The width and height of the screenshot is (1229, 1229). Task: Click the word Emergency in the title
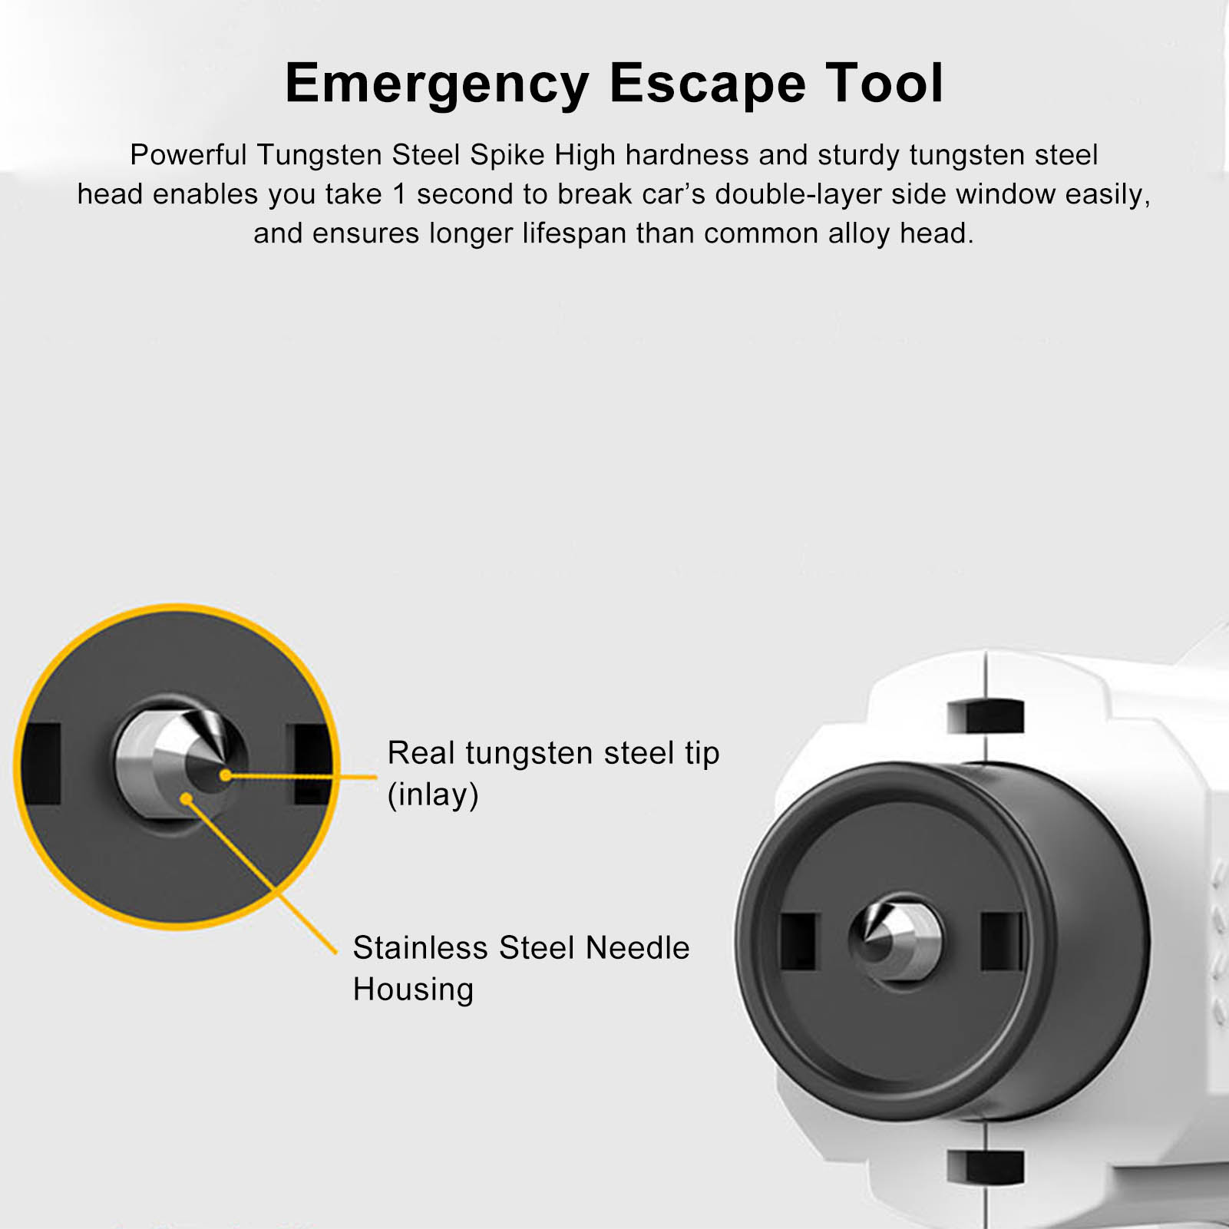coord(437,84)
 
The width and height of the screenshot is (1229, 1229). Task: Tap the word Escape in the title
coord(707,84)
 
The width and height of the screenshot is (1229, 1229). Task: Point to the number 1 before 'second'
coord(399,194)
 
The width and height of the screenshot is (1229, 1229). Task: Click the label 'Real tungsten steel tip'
coord(553,754)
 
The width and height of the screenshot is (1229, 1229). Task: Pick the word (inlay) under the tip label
coord(433,795)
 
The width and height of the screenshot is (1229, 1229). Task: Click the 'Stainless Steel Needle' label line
coord(521,948)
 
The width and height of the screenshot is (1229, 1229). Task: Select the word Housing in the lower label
coord(413,990)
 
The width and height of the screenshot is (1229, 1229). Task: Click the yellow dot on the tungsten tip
coord(225,775)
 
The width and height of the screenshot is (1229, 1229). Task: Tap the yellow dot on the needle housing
coord(186,799)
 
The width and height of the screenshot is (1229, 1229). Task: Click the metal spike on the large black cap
coord(895,937)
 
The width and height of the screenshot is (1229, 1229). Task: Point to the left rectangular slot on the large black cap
coord(799,942)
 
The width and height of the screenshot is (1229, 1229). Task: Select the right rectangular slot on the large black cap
coord(1002,941)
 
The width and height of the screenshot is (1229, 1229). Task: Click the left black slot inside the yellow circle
coord(41,764)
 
